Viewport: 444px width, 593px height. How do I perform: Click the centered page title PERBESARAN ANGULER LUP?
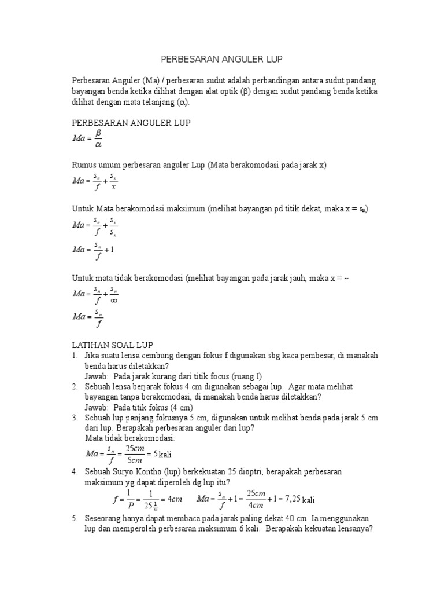point(222,59)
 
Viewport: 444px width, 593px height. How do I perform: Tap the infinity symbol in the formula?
point(114,300)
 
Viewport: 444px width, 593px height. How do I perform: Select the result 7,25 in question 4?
point(289,499)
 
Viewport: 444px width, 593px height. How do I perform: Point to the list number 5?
point(74,518)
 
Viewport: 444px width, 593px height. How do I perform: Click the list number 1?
point(74,355)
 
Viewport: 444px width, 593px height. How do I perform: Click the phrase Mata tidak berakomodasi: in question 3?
point(125,438)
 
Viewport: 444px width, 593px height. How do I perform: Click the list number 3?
point(74,418)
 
